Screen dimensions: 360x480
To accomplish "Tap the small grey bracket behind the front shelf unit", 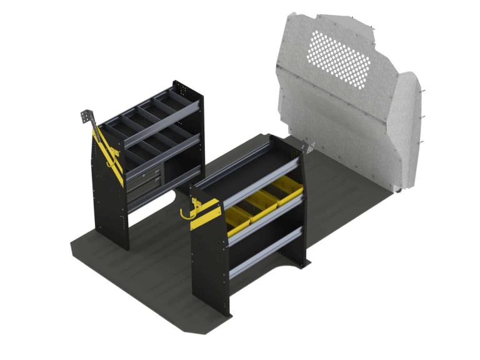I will [308, 149].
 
